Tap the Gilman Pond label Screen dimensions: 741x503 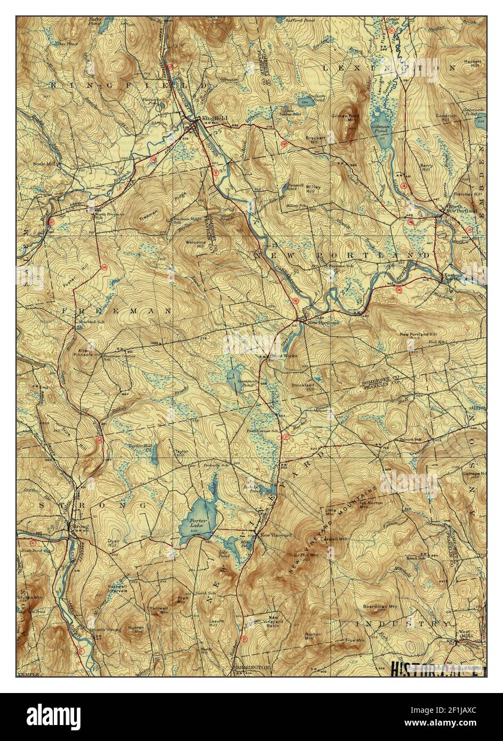pyautogui.click(x=380, y=128)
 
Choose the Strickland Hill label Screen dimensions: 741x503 pyautogui.click(x=303, y=386)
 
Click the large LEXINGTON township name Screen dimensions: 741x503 pyautogui.click(x=389, y=68)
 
